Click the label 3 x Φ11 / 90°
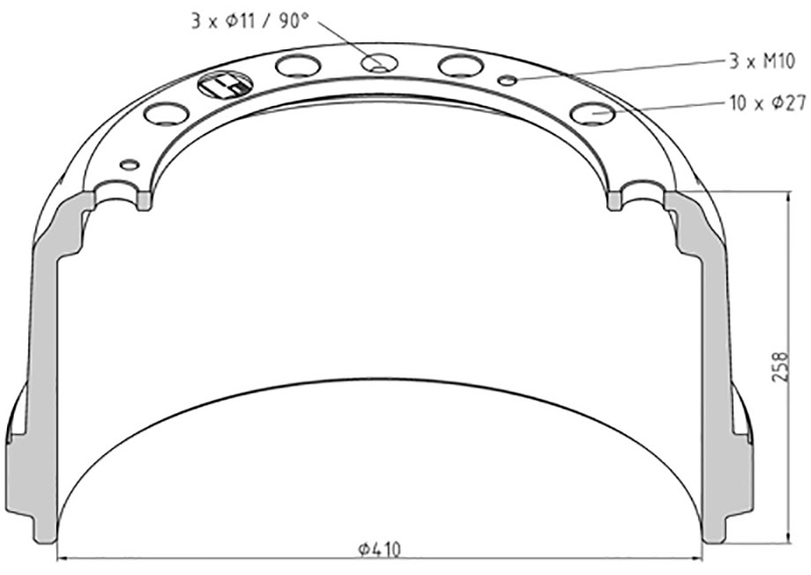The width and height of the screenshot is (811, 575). click(x=249, y=21)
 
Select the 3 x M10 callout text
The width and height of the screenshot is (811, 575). click(x=762, y=62)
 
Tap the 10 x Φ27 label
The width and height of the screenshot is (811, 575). click(x=768, y=103)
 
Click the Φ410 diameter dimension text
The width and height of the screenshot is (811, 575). click(x=380, y=549)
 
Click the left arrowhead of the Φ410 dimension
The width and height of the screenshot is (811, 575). click(x=62, y=558)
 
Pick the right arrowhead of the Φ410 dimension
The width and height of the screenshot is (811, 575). click(x=696, y=558)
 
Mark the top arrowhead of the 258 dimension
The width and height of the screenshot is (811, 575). click(x=788, y=198)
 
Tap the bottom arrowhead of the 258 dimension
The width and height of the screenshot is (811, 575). click(x=788, y=535)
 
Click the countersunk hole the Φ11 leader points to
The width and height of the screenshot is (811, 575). click(x=380, y=63)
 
